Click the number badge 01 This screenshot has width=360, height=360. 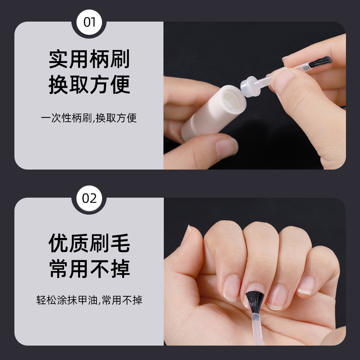(89, 22)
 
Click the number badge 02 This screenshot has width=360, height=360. (89, 198)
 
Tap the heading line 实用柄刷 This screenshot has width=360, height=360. (89, 60)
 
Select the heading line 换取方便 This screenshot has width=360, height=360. (89, 85)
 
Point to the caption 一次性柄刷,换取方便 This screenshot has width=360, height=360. (89, 118)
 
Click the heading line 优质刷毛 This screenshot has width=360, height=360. (89, 244)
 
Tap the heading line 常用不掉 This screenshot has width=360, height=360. (89, 269)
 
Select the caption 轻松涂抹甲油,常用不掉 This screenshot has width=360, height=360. (89, 300)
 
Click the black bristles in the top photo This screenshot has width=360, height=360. (321, 62)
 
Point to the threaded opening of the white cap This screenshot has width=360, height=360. (232, 97)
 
